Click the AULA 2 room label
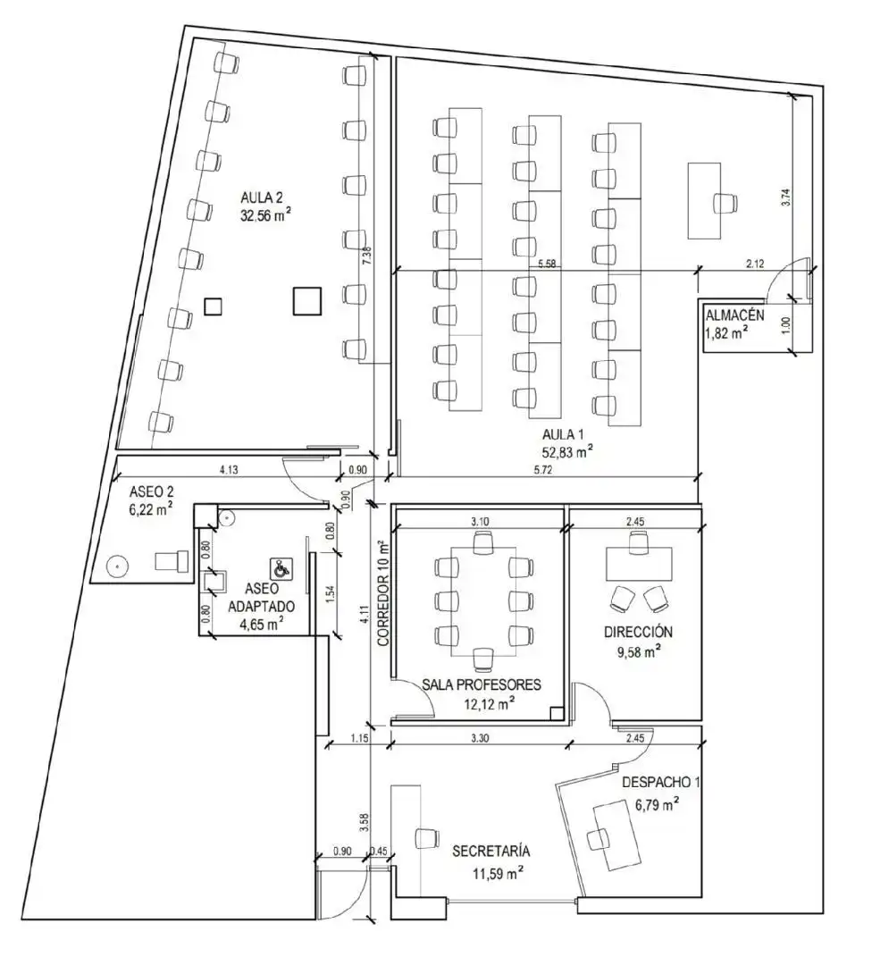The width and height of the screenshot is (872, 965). click(262, 197)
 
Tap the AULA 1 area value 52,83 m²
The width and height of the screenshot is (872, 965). click(567, 452)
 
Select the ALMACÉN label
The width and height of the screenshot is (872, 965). click(734, 315)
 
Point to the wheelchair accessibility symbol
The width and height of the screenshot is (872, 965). click(281, 568)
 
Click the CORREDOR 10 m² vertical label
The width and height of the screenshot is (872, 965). click(384, 592)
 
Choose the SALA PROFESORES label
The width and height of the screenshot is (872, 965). click(482, 684)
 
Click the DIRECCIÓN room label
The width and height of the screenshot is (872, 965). click(638, 632)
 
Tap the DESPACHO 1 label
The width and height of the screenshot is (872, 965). click(661, 782)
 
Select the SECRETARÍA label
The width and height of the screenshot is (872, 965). click(491, 852)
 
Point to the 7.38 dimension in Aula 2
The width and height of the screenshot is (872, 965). click(367, 256)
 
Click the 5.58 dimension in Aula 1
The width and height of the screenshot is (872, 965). click(547, 264)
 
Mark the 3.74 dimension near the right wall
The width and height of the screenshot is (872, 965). click(786, 197)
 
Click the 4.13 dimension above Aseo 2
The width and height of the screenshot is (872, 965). click(229, 470)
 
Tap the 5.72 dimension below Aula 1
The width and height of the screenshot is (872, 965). click(544, 470)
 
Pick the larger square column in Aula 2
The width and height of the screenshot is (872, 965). click(307, 301)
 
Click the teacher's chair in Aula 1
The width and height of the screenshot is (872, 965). click(726, 203)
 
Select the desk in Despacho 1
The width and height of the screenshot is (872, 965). click(617, 835)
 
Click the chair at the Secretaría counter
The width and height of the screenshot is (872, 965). click(426, 838)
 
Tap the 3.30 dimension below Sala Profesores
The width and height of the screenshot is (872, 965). click(480, 738)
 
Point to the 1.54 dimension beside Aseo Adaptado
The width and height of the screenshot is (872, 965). click(331, 592)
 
